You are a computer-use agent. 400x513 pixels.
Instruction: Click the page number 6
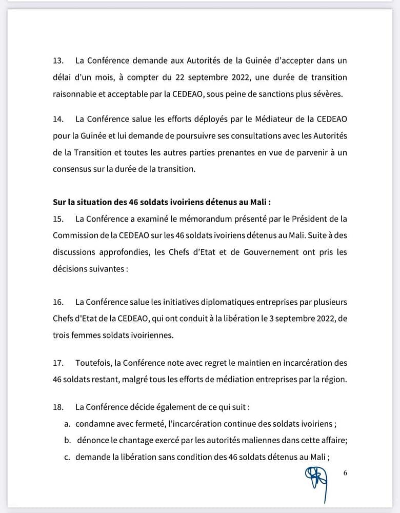click(345, 473)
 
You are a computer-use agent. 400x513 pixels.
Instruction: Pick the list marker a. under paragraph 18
click(67, 424)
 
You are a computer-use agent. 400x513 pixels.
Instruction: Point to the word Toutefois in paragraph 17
click(93, 363)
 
